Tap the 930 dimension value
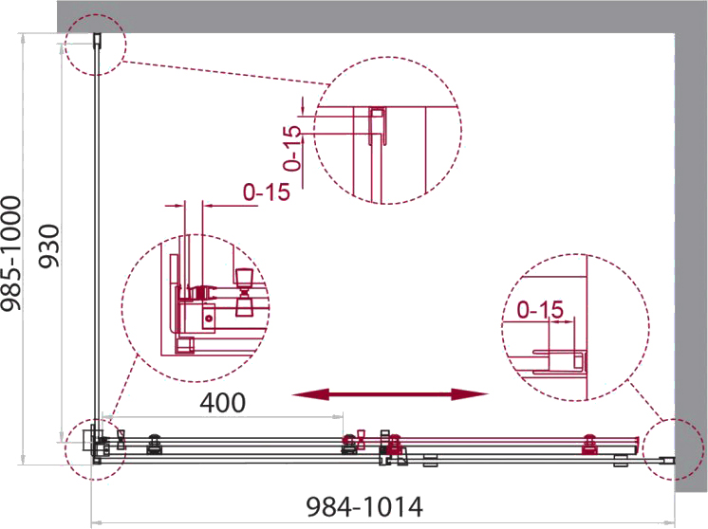pyautogui.click(x=48, y=246)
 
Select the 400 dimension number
pyautogui.click(x=223, y=403)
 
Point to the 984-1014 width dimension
pyautogui.click(x=364, y=507)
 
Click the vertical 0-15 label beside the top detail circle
pyautogui.click(x=292, y=148)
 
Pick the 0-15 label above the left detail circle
pyautogui.click(x=267, y=192)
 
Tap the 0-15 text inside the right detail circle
pyautogui.click(x=540, y=310)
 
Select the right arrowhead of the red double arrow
pyautogui.click(x=470, y=394)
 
